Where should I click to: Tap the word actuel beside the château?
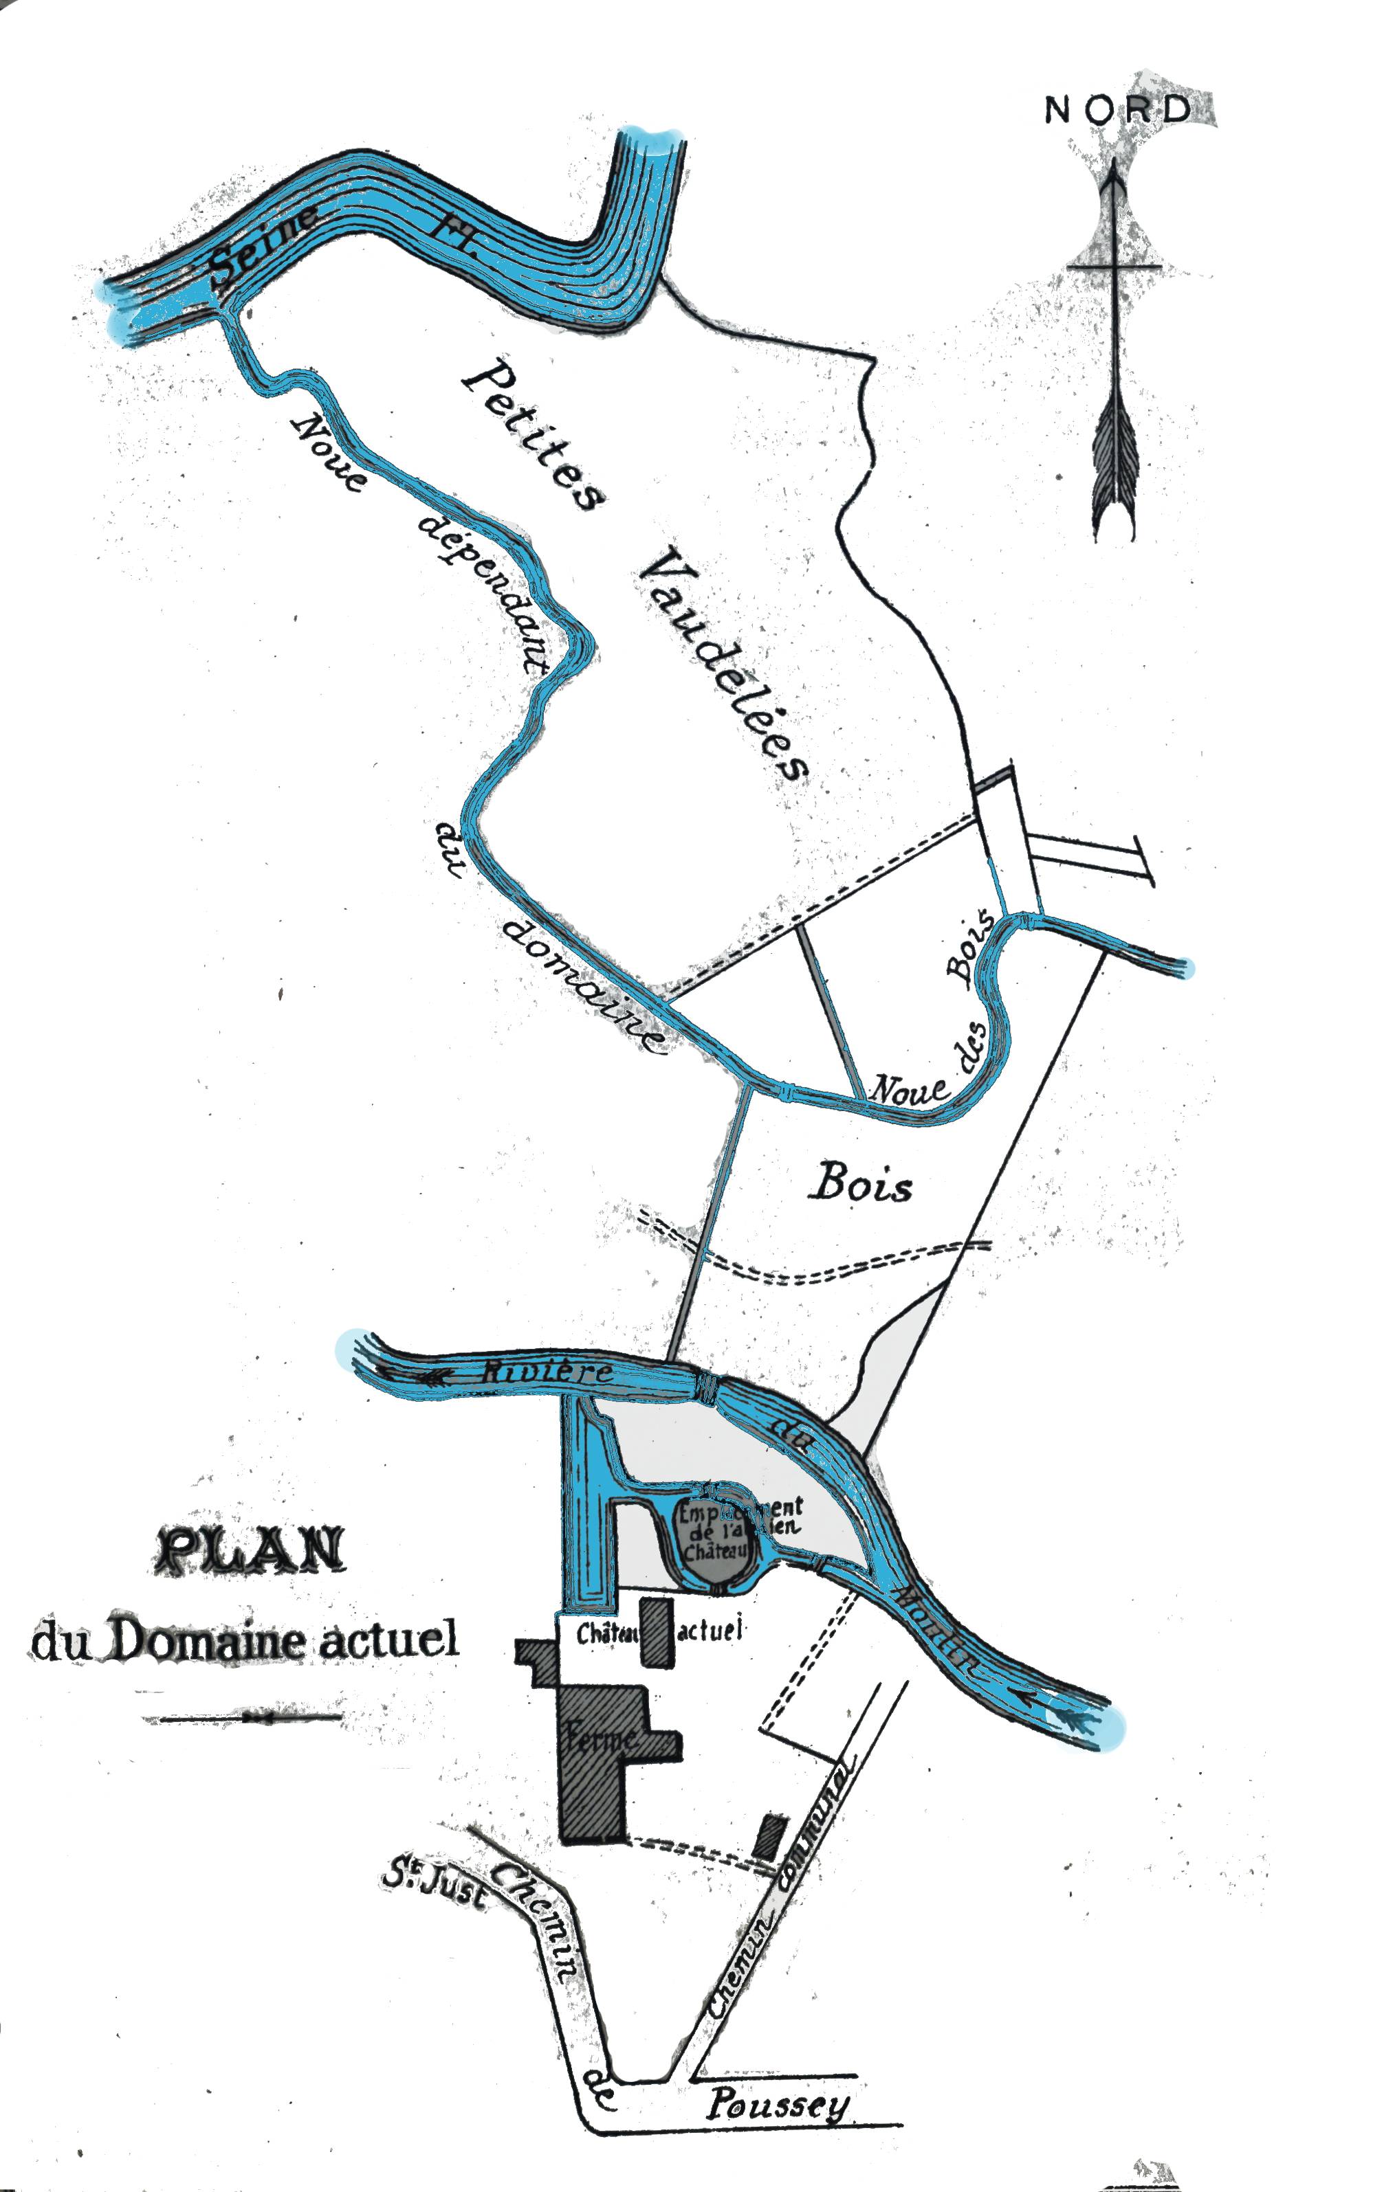(710, 1629)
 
